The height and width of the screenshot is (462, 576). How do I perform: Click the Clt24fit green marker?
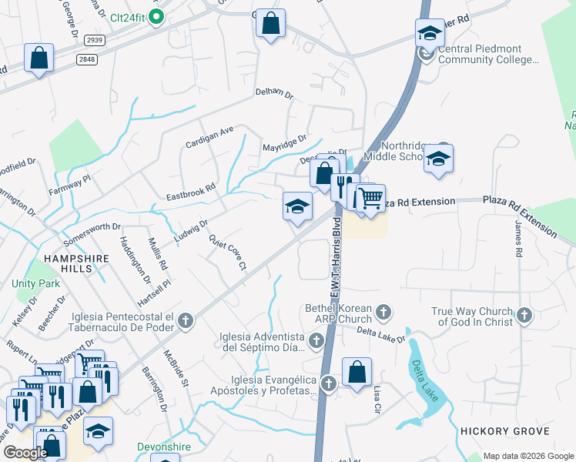pyautogui.click(x=156, y=16)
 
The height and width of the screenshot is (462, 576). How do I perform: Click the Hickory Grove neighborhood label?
pyautogui.click(x=504, y=430)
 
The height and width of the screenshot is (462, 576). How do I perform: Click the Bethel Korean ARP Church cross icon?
pyautogui.click(x=383, y=313)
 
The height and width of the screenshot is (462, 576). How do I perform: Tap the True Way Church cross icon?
pyautogui.click(x=524, y=315)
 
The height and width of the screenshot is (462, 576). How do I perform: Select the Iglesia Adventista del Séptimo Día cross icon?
pyautogui.click(x=316, y=340)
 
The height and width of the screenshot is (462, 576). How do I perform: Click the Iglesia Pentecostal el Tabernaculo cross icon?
pyautogui.click(x=185, y=321)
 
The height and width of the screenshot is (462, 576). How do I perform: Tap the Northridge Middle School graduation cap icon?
pyautogui.click(x=439, y=159)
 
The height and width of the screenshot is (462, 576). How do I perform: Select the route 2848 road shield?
pyautogui.click(x=86, y=59)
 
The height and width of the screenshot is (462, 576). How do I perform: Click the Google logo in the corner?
pyautogui.click(x=25, y=453)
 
